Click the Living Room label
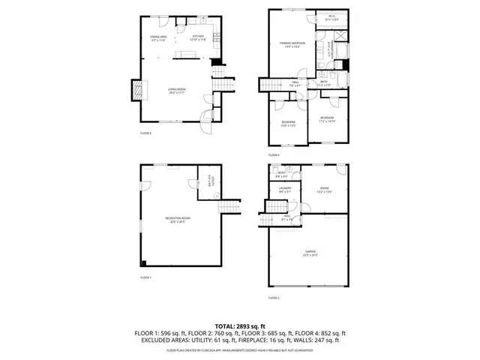coord(176,90)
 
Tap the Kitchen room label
coord(198,37)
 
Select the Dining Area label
coord(157,37)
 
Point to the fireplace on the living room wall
coord(135,90)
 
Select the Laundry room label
coord(285,190)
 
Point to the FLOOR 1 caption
coord(145,277)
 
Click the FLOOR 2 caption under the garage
coord(274,298)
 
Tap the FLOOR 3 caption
coord(145,133)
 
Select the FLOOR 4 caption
coord(274,154)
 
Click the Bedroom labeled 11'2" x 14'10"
coord(328,119)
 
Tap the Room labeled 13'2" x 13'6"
coord(324,190)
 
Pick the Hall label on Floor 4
coord(295,83)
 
